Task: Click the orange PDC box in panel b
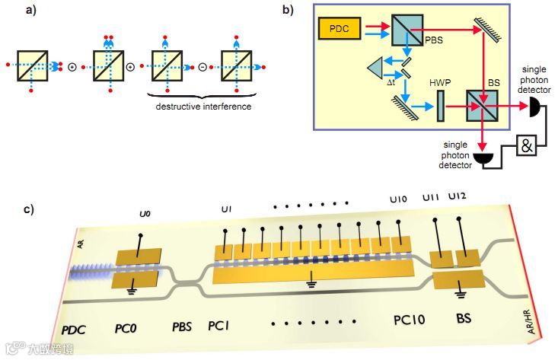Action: (x=341, y=30)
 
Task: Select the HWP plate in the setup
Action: (x=440, y=106)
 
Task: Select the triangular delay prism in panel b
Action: (x=375, y=69)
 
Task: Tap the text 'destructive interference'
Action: (x=203, y=107)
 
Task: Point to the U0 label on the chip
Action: (x=145, y=215)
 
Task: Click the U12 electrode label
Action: (x=458, y=196)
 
